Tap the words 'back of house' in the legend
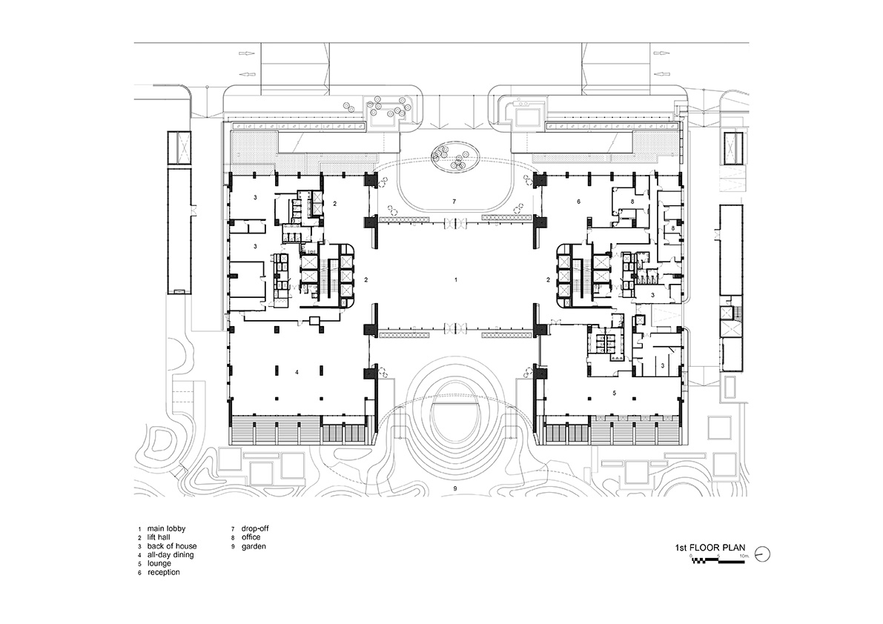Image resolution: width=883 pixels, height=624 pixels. [x=170, y=546]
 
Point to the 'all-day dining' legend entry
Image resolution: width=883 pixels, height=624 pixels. [x=171, y=555]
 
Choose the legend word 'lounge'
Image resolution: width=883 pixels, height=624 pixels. [x=159, y=564]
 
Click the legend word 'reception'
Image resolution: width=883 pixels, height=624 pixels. [x=163, y=573]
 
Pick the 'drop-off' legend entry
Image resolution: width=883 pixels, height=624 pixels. [x=254, y=528]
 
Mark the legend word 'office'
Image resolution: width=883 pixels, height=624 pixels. [x=251, y=537]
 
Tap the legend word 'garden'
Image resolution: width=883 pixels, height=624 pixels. [x=254, y=546]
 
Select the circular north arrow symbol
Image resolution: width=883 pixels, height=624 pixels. [x=767, y=553]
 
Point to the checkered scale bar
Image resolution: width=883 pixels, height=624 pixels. [x=720, y=560]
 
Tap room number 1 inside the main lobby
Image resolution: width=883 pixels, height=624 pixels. [x=456, y=280]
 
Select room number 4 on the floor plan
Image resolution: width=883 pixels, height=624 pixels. [x=297, y=373]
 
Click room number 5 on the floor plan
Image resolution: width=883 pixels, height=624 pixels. [x=615, y=393]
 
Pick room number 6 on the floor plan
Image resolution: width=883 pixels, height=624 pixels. [x=578, y=202]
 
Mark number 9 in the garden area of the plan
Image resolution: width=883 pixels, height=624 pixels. [x=456, y=490]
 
